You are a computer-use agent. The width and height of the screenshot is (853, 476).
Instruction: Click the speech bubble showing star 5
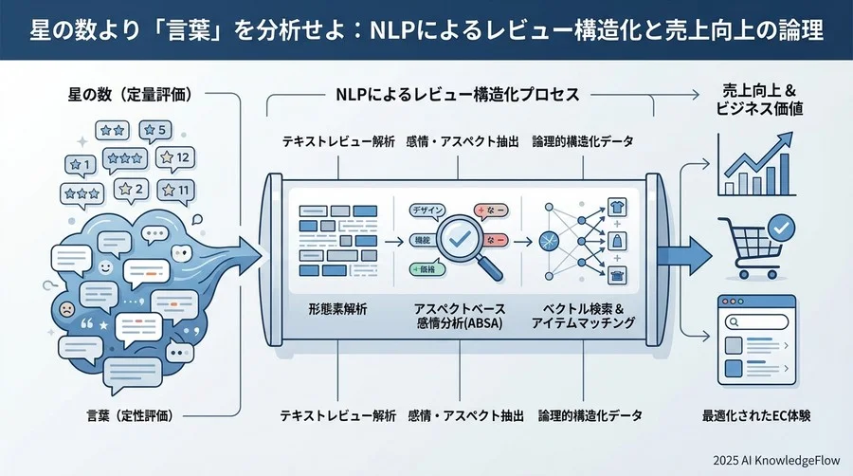[x=154, y=130]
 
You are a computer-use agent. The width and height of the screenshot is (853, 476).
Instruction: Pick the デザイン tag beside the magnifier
[x=426, y=211]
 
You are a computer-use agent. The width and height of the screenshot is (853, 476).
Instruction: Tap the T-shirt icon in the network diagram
[x=616, y=207]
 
